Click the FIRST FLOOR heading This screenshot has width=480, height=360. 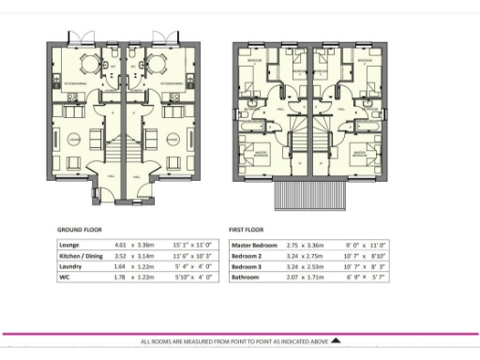point(246,228)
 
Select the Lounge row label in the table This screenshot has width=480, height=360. point(68,245)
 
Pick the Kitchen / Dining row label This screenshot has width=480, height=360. point(79,255)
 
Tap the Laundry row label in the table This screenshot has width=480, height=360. point(69,266)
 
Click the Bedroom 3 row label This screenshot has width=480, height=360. point(246,266)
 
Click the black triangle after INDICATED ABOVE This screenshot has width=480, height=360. point(336,341)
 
